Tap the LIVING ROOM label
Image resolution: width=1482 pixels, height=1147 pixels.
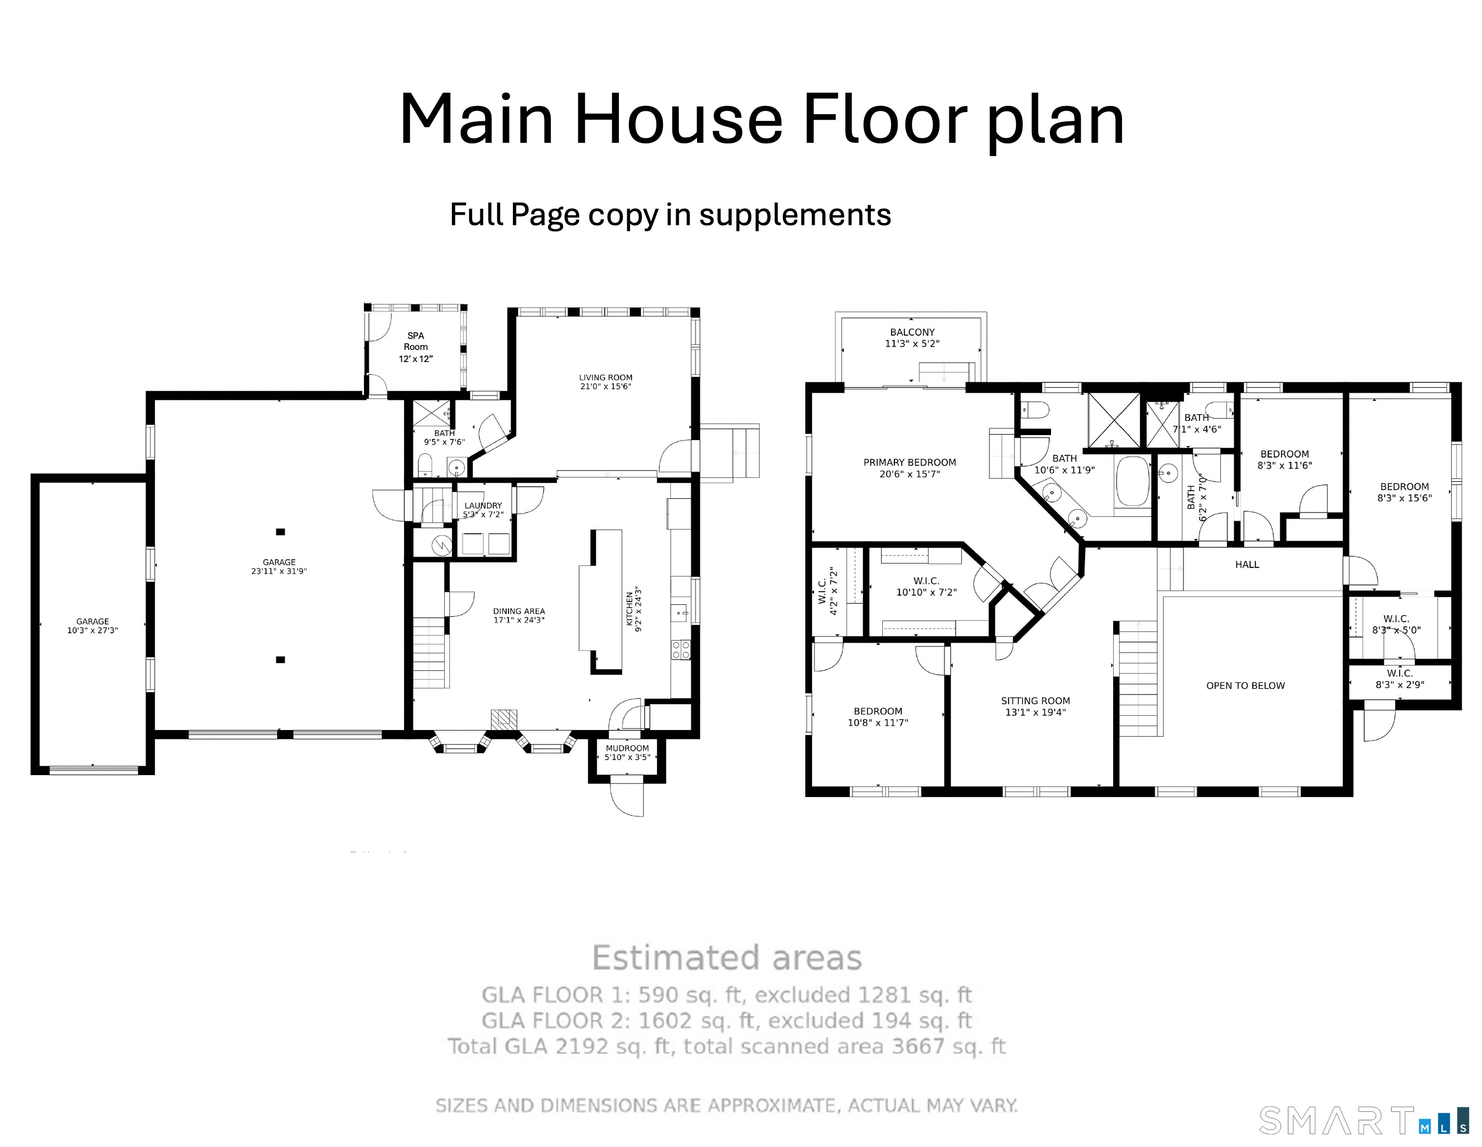point(605,378)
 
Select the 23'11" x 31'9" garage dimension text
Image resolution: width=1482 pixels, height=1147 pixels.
point(279,571)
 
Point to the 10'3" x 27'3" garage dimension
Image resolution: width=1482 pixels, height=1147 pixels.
point(92,630)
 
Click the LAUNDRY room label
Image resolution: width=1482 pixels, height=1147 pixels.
point(483,505)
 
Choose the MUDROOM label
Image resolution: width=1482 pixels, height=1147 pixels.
point(627,748)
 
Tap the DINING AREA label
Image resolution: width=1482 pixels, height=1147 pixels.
point(519,611)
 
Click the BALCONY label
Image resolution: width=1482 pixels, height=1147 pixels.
point(912,332)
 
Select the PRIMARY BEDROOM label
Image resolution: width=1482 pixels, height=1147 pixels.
point(909,463)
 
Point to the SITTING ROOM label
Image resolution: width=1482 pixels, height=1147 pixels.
point(1036,701)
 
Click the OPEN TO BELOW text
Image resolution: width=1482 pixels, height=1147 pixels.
point(1245,686)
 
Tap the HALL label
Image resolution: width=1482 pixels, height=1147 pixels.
point(1247,564)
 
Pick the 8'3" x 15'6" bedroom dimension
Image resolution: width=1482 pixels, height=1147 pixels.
point(1404,498)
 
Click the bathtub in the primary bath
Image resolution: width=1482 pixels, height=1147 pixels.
point(1132,481)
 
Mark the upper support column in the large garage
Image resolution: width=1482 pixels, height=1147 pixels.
point(280,532)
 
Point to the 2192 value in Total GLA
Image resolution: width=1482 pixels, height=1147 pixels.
point(582,1046)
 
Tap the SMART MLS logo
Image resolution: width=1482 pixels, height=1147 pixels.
point(1364,1120)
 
